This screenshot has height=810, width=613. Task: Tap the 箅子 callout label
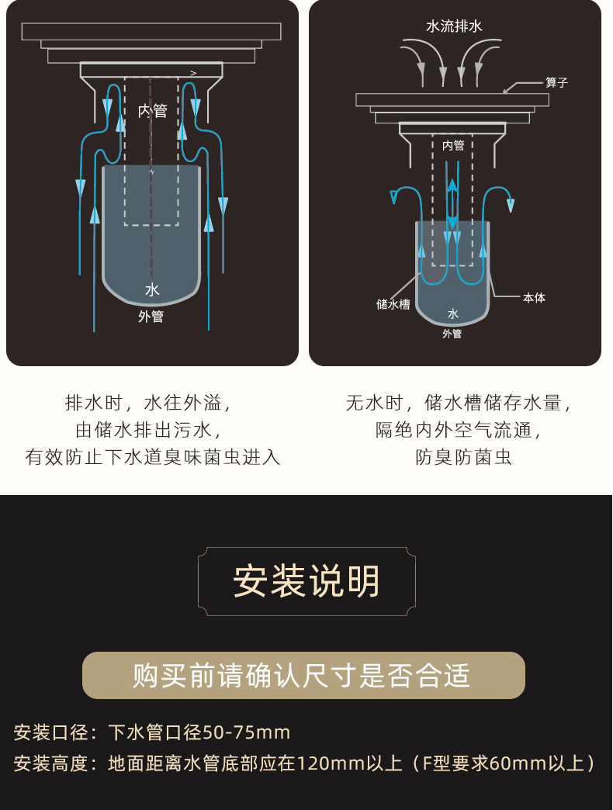coord(556,82)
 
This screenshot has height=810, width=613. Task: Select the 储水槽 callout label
coord(393,304)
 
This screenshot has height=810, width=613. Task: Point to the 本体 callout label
coord(534,297)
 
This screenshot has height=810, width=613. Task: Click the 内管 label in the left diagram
coord(152,111)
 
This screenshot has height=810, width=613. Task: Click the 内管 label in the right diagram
coord(453,145)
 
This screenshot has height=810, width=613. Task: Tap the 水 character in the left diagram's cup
coord(152,289)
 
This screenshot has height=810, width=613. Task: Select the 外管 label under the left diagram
coord(151,317)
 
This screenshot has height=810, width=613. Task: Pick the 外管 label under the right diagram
coord(452,334)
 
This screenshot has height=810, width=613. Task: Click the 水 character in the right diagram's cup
coord(453,313)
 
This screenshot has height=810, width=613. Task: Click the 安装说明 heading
coord(306,581)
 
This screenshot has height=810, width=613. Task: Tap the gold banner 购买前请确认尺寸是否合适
coord(303,675)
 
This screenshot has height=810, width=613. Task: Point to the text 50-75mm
coord(246,732)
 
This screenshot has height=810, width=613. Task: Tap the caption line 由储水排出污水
coord(152,430)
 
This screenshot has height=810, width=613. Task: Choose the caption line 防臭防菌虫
coord(463,456)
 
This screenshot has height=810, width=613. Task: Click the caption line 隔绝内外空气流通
coord(458,430)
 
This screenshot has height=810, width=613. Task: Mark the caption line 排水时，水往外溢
coord(147,403)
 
